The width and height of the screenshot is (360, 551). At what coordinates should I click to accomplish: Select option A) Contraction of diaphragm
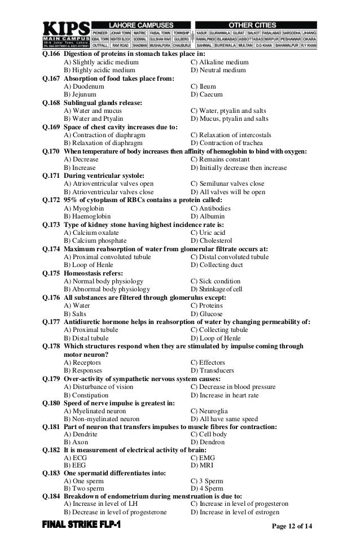[x=104, y=135]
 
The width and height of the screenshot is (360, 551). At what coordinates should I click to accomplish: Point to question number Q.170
[x=51, y=152]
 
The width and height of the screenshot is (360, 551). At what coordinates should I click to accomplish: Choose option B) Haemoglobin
[x=87, y=216]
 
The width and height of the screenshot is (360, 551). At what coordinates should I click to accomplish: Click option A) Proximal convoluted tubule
[x=107, y=257]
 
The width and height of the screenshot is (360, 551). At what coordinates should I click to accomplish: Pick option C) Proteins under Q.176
[x=207, y=305]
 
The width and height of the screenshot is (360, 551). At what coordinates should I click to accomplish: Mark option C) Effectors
[x=208, y=362]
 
